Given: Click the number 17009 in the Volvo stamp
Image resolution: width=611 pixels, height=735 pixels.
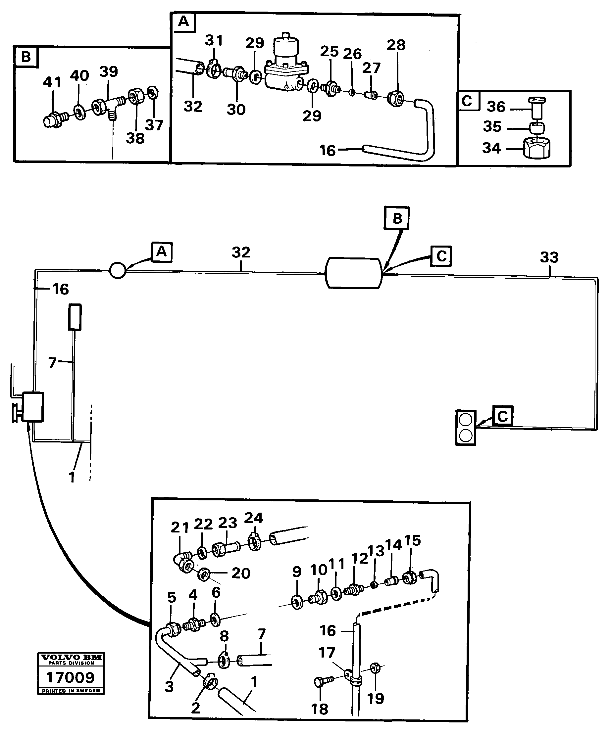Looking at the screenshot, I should point(71,678).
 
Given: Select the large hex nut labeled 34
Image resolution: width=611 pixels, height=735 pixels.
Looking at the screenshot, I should point(536,148).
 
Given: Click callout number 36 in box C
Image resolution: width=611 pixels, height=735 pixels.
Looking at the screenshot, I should point(496,107).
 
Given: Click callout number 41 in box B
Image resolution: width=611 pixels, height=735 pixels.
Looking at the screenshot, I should point(52,83).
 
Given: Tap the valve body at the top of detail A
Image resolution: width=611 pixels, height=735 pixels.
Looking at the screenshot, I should point(285,67).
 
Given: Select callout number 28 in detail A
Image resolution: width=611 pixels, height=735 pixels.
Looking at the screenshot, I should point(396,45).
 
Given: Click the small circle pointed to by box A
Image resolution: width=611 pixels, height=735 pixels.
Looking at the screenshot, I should point(117,271).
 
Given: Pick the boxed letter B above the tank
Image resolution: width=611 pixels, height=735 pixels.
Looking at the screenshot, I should point(397,219).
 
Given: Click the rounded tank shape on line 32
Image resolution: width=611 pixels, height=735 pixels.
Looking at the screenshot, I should point(354,273).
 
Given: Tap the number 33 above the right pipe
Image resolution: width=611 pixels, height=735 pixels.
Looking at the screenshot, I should point(549,257).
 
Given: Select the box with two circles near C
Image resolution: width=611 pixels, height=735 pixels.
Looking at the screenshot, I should point(466,428).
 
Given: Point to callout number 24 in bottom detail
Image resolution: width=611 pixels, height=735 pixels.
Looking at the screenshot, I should point(253,518).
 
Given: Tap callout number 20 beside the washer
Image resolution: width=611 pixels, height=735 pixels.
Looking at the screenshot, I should point(241,573).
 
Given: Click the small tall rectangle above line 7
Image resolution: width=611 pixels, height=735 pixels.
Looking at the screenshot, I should point(75,317).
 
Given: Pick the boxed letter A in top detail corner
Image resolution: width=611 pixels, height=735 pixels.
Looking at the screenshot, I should point(183,22).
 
